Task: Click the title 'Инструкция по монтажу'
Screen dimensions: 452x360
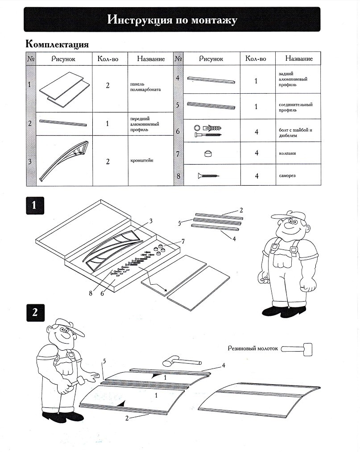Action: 172,20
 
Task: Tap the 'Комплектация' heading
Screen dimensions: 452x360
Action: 58,44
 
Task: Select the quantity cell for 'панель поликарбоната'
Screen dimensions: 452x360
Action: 108,85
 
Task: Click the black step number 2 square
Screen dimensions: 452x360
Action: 34,312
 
